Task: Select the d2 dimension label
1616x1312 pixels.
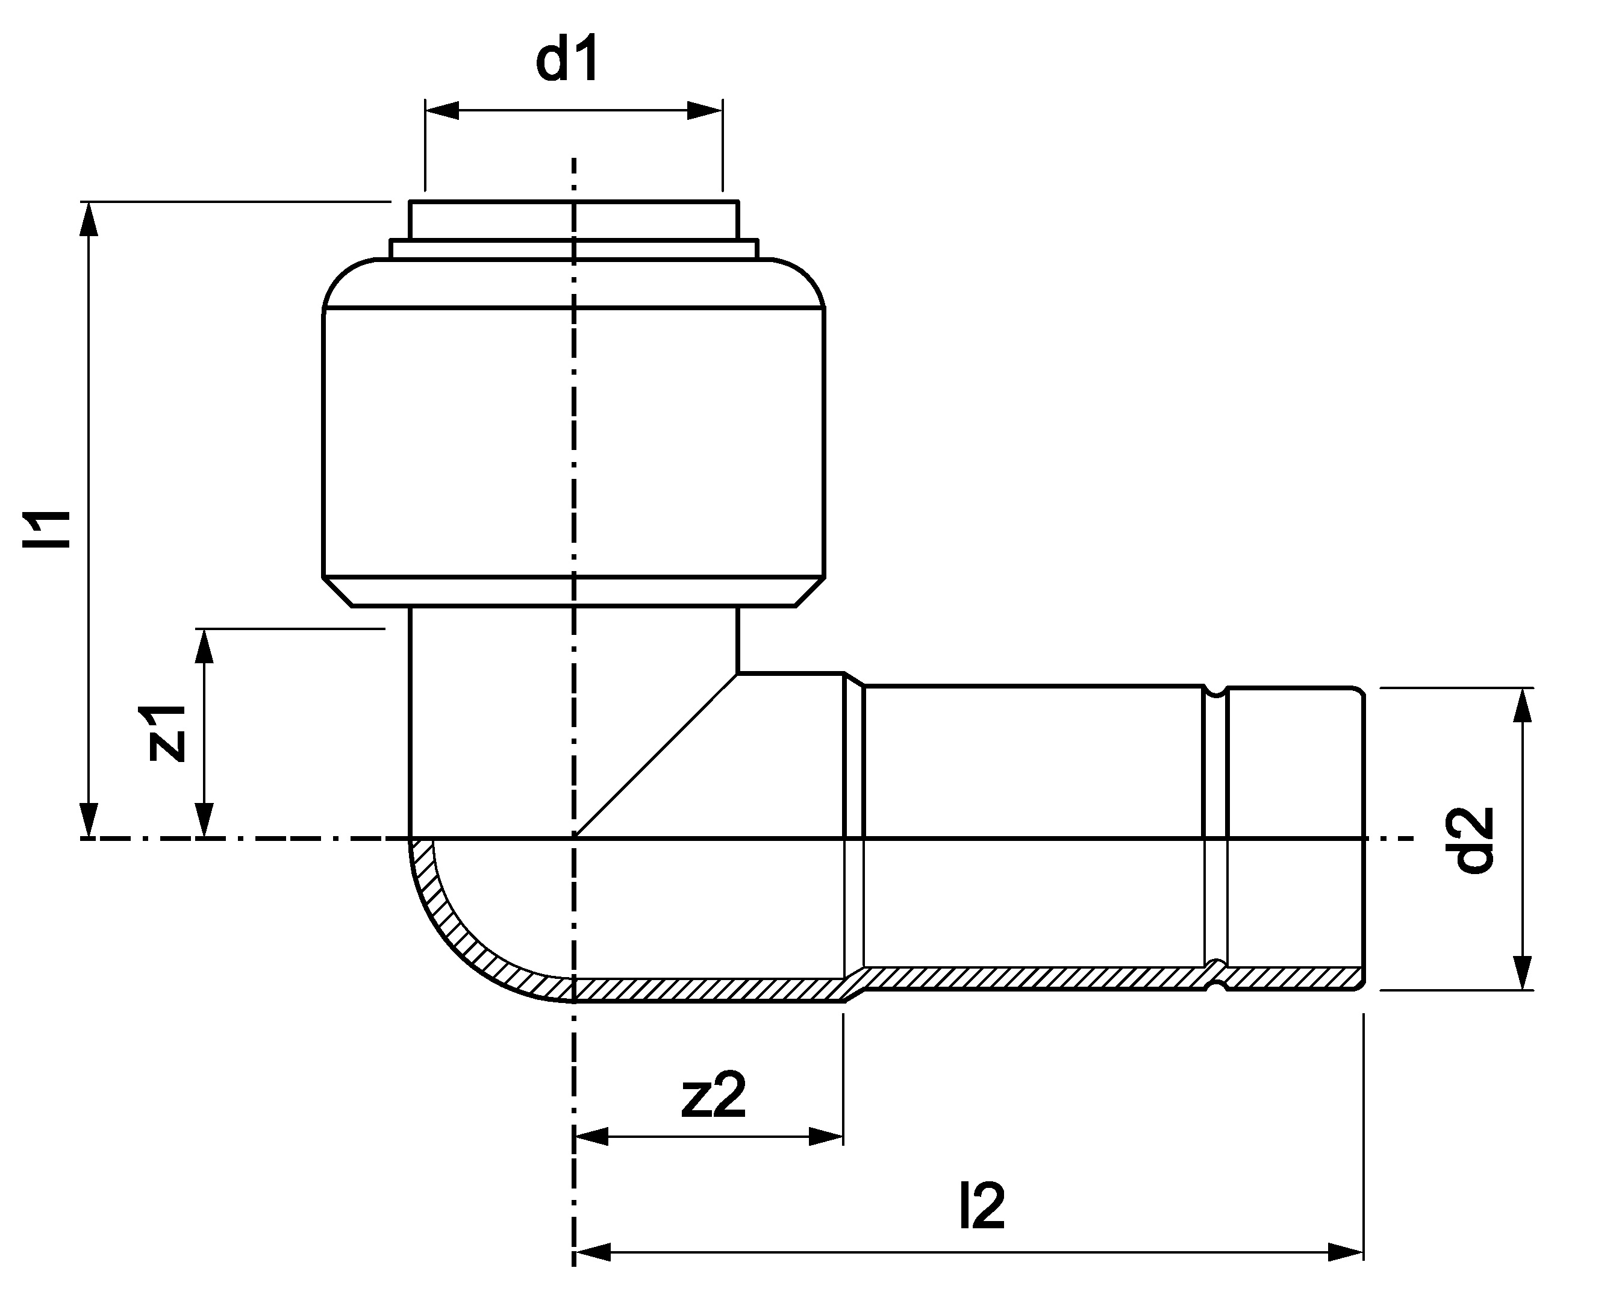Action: click(1474, 840)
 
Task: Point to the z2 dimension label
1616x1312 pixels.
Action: click(713, 1095)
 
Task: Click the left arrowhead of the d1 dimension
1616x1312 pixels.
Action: click(442, 111)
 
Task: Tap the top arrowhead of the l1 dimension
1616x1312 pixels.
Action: click(89, 219)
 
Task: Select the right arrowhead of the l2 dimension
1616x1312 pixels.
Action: click(1346, 1252)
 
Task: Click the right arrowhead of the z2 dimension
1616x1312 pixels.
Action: click(826, 1136)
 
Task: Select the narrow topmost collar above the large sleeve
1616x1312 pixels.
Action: click(574, 220)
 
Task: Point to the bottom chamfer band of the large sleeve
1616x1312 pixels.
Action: click(574, 591)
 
